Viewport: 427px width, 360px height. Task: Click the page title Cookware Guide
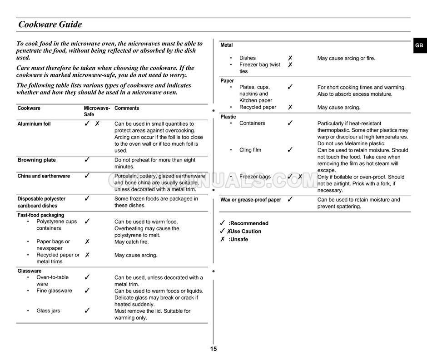coord(50,25)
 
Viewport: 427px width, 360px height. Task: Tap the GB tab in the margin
coord(419,46)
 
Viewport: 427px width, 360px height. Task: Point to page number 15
coord(213,349)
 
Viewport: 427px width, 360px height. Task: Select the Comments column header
coord(127,108)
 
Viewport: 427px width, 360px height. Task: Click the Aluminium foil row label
coord(34,124)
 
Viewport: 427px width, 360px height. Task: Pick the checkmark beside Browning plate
coord(87,160)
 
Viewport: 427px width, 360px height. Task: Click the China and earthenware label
coord(44,176)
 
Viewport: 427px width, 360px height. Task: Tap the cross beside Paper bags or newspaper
coord(87,242)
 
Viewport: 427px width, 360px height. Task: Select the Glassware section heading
coord(30,271)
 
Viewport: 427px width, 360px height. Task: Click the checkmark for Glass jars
coord(87,311)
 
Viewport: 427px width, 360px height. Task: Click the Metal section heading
coord(227,45)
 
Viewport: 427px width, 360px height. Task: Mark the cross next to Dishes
coord(290,58)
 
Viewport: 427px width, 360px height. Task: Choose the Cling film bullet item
coord(250,150)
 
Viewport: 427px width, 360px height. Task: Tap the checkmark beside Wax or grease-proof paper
coord(290,199)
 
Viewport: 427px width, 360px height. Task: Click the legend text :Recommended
coord(248,223)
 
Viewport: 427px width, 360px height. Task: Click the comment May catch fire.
coord(131,242)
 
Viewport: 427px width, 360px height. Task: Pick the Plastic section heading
coord(228,117)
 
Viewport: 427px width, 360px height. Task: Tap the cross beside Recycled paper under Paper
coord(290,108)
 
